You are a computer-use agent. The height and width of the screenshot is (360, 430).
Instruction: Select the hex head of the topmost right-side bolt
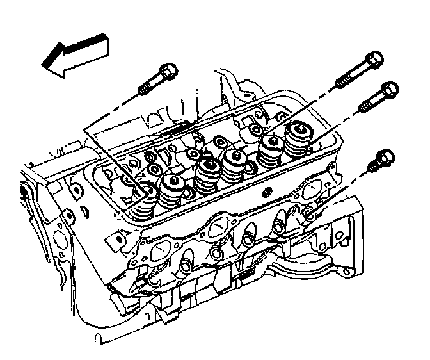click(x=374, y=61)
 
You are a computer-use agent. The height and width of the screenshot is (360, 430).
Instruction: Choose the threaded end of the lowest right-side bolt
click(x=374, y=168)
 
